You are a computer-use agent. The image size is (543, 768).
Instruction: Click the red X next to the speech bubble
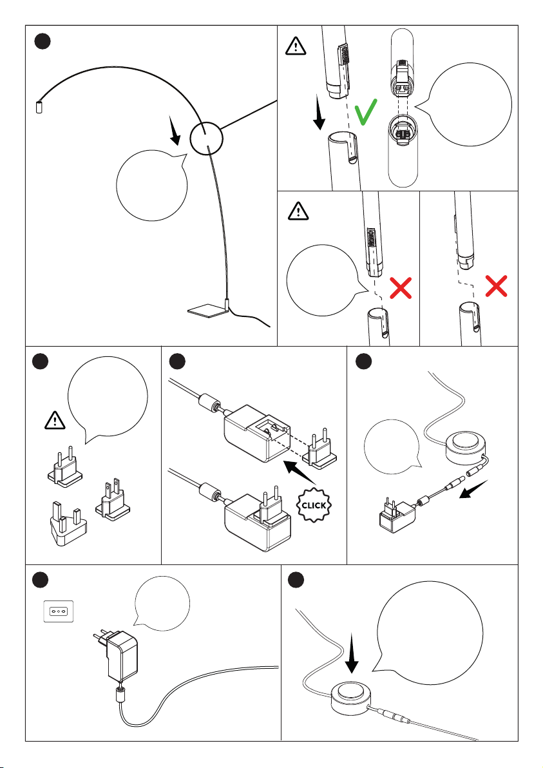(x=400, y=289)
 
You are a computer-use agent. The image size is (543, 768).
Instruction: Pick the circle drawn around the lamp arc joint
(x=207, y=138)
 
